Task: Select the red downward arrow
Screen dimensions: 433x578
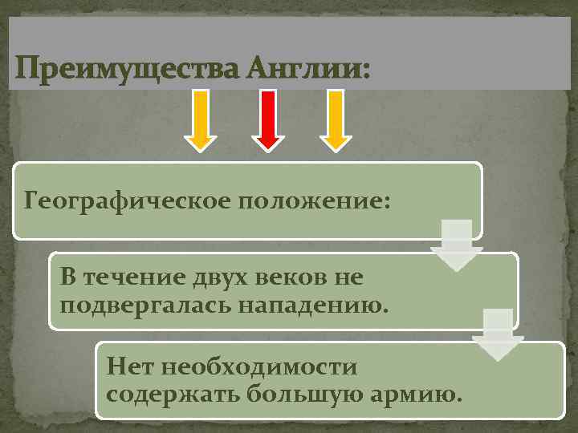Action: pos(267,119)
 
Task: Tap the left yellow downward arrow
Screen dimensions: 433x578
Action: pos(200,119)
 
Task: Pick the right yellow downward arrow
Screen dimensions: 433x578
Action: pos(336,119)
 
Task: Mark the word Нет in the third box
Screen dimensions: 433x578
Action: pos(130,367)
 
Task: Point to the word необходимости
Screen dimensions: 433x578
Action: pos(258,367)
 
